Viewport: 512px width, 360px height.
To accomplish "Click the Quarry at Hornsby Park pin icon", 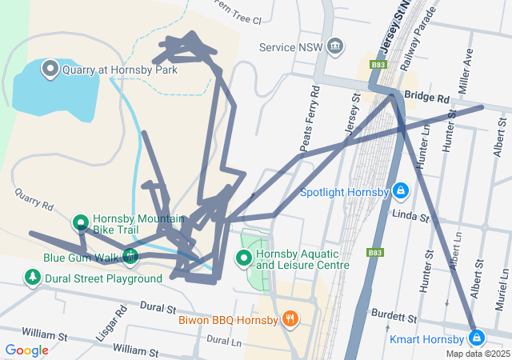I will coord(50,69).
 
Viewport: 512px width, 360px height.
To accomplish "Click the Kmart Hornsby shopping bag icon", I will coord(477,338).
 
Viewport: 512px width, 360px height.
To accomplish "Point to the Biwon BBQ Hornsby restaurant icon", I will coord(290,319).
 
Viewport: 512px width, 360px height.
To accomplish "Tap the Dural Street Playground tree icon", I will coord(32,278).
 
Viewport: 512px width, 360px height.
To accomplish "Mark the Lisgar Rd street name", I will coord(111,322).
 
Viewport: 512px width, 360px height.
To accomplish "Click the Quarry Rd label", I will coord(33,199).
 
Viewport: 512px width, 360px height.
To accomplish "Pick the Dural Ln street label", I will coord(223,339).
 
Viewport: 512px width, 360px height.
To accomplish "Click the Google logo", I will coord(26,350).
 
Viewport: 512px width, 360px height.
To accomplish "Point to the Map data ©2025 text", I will coord(478,354).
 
